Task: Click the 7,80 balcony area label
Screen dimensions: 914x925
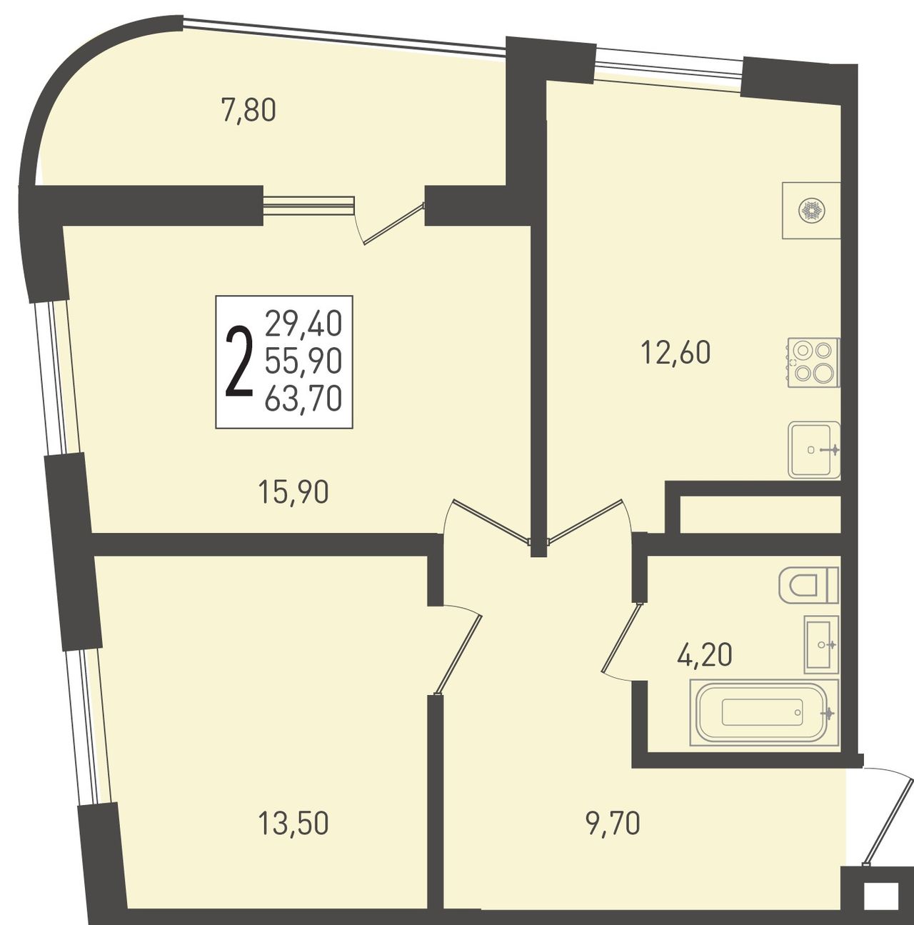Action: coord(248,110)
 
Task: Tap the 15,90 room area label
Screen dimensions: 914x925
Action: coord(293,493)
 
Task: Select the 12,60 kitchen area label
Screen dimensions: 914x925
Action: coord(676,354)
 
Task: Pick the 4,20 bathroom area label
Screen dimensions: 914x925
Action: coord(705,655)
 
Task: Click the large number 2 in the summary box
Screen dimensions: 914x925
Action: coord(238,362)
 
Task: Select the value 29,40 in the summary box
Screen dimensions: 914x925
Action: coord(303,323)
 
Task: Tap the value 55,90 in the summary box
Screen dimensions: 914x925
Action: coord(303,361)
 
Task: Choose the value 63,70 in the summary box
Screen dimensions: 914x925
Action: coord(303,399)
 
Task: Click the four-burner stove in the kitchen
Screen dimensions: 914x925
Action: coord(813,362)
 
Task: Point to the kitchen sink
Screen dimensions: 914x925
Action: coord(813,450)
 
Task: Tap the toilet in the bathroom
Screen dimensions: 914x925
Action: coord(809,585)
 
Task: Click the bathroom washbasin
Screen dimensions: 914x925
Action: coord(821,644)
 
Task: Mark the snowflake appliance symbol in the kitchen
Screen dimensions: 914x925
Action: coord(811,210)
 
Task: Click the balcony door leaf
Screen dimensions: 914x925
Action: coord(393,224)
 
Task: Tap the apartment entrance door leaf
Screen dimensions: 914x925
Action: coord(887,825)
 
